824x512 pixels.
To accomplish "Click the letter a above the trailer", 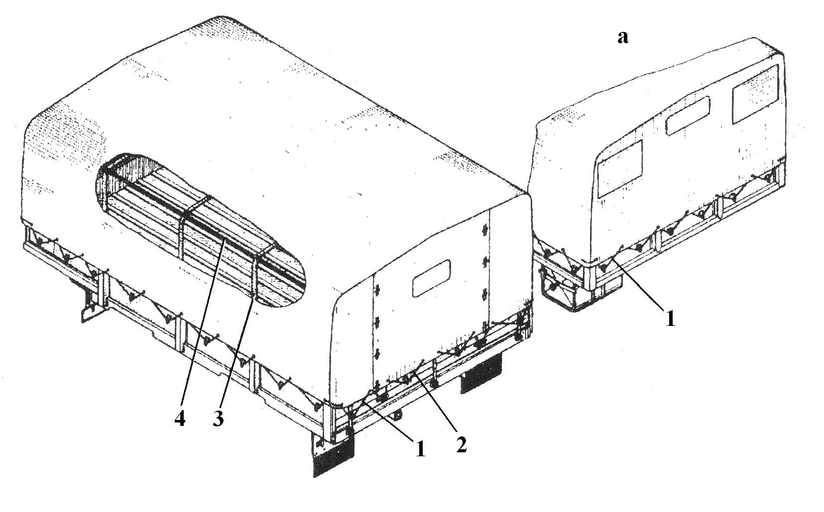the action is tap(623, 37).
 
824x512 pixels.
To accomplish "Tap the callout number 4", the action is tap(180, 418).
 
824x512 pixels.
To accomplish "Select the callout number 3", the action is tap(218, 418).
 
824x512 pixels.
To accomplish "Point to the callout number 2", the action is tap(462, 445).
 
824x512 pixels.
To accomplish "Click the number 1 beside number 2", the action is tap(420, 449).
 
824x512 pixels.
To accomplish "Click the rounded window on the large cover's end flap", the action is tap(431, 278).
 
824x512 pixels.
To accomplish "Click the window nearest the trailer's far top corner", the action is tap(756, 94).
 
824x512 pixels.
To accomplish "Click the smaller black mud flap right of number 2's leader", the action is tap(481, 373).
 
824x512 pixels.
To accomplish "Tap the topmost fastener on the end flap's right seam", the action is tap(485, 230).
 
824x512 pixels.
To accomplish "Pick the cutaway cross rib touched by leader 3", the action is tap(254, 274).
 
